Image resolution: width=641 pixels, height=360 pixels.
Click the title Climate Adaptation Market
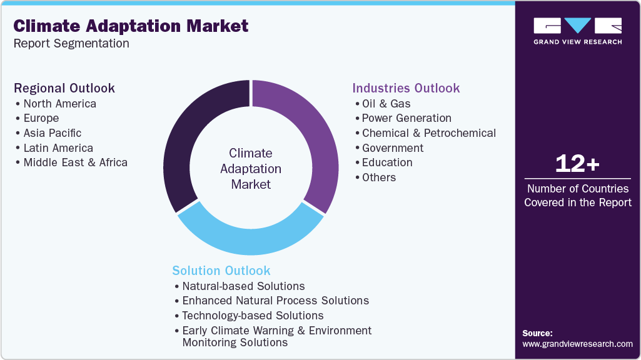click(x=131, y=26)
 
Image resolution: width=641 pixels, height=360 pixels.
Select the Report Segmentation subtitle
click(x=71, y=44)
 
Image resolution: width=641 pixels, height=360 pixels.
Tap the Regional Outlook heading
click(x=64, y=88)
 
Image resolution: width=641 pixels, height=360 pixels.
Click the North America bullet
click(x=59, y=104)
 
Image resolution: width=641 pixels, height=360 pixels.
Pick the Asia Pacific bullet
click(x=52, y=133)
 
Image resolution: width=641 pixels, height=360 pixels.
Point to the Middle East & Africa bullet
click(x=75, y=162)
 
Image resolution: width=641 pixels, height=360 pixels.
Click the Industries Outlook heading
click(x=406, y=88)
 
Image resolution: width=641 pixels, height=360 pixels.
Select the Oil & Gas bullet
click(x=386, y=104)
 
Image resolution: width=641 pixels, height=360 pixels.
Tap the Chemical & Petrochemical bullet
click(x=428, y=133)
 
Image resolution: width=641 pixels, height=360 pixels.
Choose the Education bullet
click(x=387, y=162)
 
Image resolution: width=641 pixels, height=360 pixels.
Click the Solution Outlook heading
click(x=221, y=271)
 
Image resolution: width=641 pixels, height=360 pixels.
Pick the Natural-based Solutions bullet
click(x=243, y=286)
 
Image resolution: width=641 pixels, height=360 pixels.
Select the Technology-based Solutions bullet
click(x=253, y=316)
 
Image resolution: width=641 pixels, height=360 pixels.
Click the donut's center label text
click(x=250, y=169)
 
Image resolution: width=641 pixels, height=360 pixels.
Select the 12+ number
click(x=577, y=164)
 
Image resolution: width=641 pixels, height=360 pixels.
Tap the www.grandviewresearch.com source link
click(x=577, y=344)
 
